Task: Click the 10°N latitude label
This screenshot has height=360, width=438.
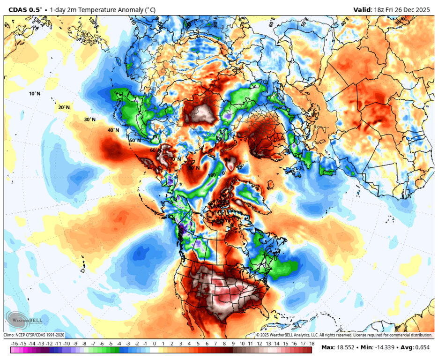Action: click(x=35, y=94)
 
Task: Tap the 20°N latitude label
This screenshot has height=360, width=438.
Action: click(x=64, y=107)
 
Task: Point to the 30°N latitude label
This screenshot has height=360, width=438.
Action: click(x=89, y=120)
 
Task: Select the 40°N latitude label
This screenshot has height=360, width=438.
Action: click(x=113, y=130)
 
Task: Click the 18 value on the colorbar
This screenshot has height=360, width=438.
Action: click(x=312, y=344)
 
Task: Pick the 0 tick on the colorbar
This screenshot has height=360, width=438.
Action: click(x=154, y=344)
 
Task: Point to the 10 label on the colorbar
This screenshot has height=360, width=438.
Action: click(x=242, y=344)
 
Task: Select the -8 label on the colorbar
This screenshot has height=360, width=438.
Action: click(x=85, y=344)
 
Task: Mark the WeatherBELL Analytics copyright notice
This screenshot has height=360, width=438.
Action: click(x=344, y=335)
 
